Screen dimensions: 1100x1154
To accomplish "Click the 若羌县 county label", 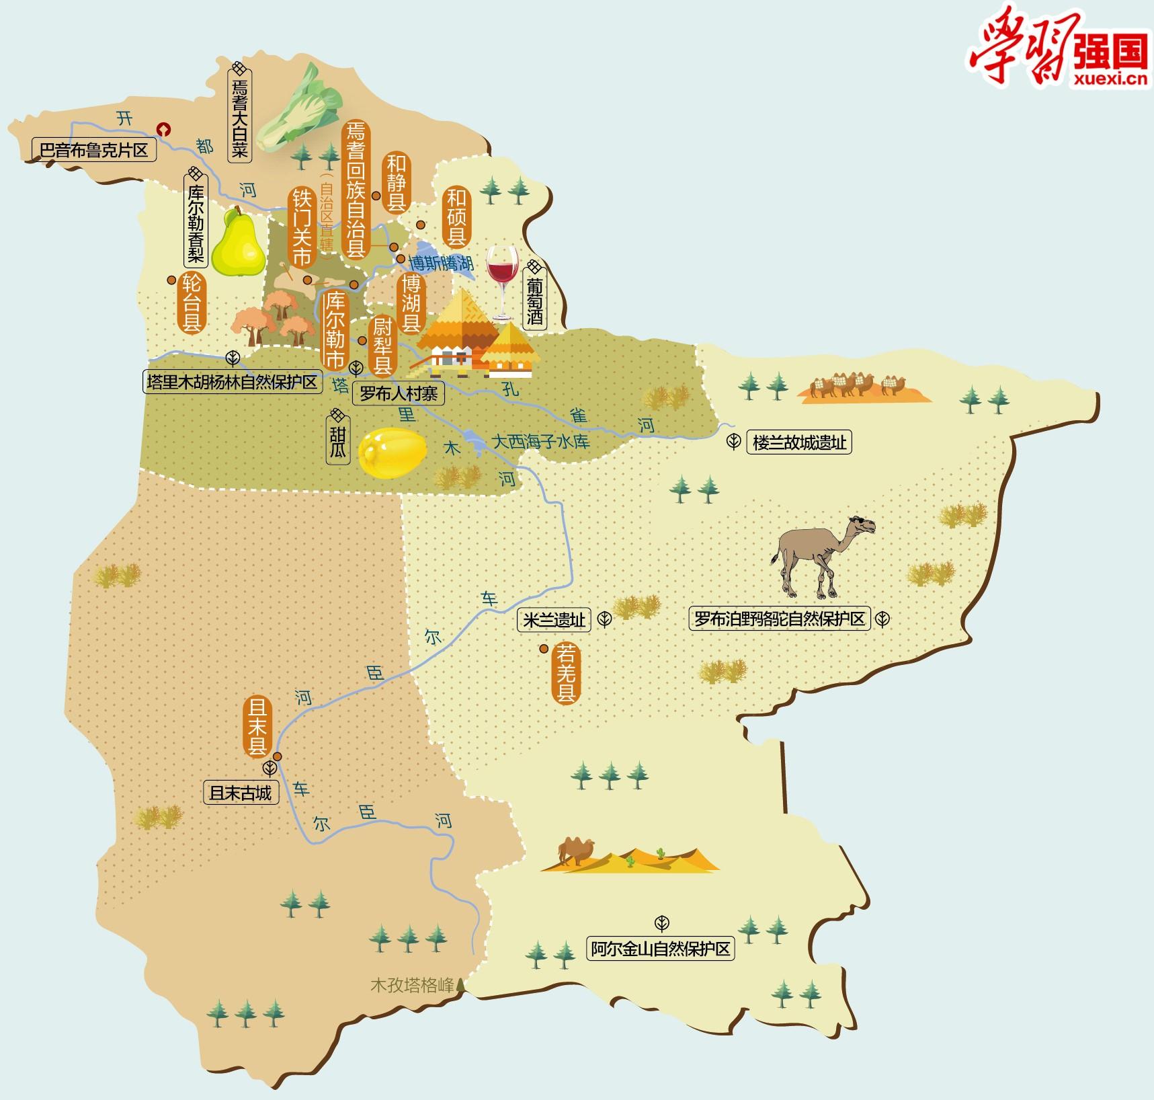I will [x=565, y=673].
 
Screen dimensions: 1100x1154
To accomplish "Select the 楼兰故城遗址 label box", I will [x=798, y=443].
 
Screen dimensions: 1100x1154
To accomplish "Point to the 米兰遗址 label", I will [x=554, y=620].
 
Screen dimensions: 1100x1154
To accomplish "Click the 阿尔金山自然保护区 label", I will [x=660, y=949].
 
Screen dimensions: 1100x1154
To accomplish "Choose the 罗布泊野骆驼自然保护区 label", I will [x=780, y=619].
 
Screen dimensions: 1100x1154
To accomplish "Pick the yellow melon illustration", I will [x=393, y=454].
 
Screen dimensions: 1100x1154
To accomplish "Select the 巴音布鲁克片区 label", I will [x=94, y=149].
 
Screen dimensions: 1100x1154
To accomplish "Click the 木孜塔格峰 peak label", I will [x=413, y=986].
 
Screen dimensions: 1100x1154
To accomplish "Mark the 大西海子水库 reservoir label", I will [x=540, y=442].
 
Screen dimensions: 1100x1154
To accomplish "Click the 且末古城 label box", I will [x=241, y=793].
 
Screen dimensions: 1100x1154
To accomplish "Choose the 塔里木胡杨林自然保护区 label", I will [x=233, y=382].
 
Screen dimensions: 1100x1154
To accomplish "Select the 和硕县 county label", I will [x=457, y=217].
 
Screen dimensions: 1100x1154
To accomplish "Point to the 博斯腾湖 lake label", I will [x=441, y=262].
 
